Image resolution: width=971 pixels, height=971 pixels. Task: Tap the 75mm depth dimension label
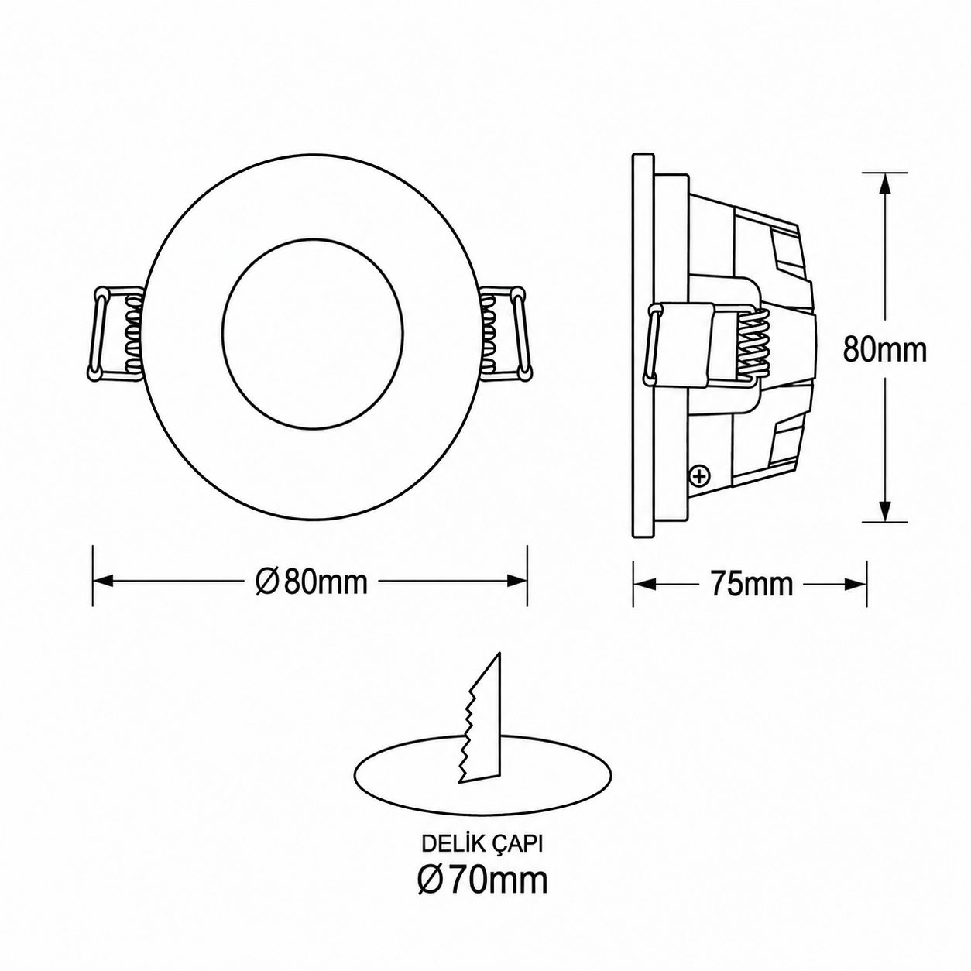click(751, 584)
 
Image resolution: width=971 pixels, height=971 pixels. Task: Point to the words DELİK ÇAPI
click(482, 845)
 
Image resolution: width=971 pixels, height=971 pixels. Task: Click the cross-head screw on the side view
click(699, 476)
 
